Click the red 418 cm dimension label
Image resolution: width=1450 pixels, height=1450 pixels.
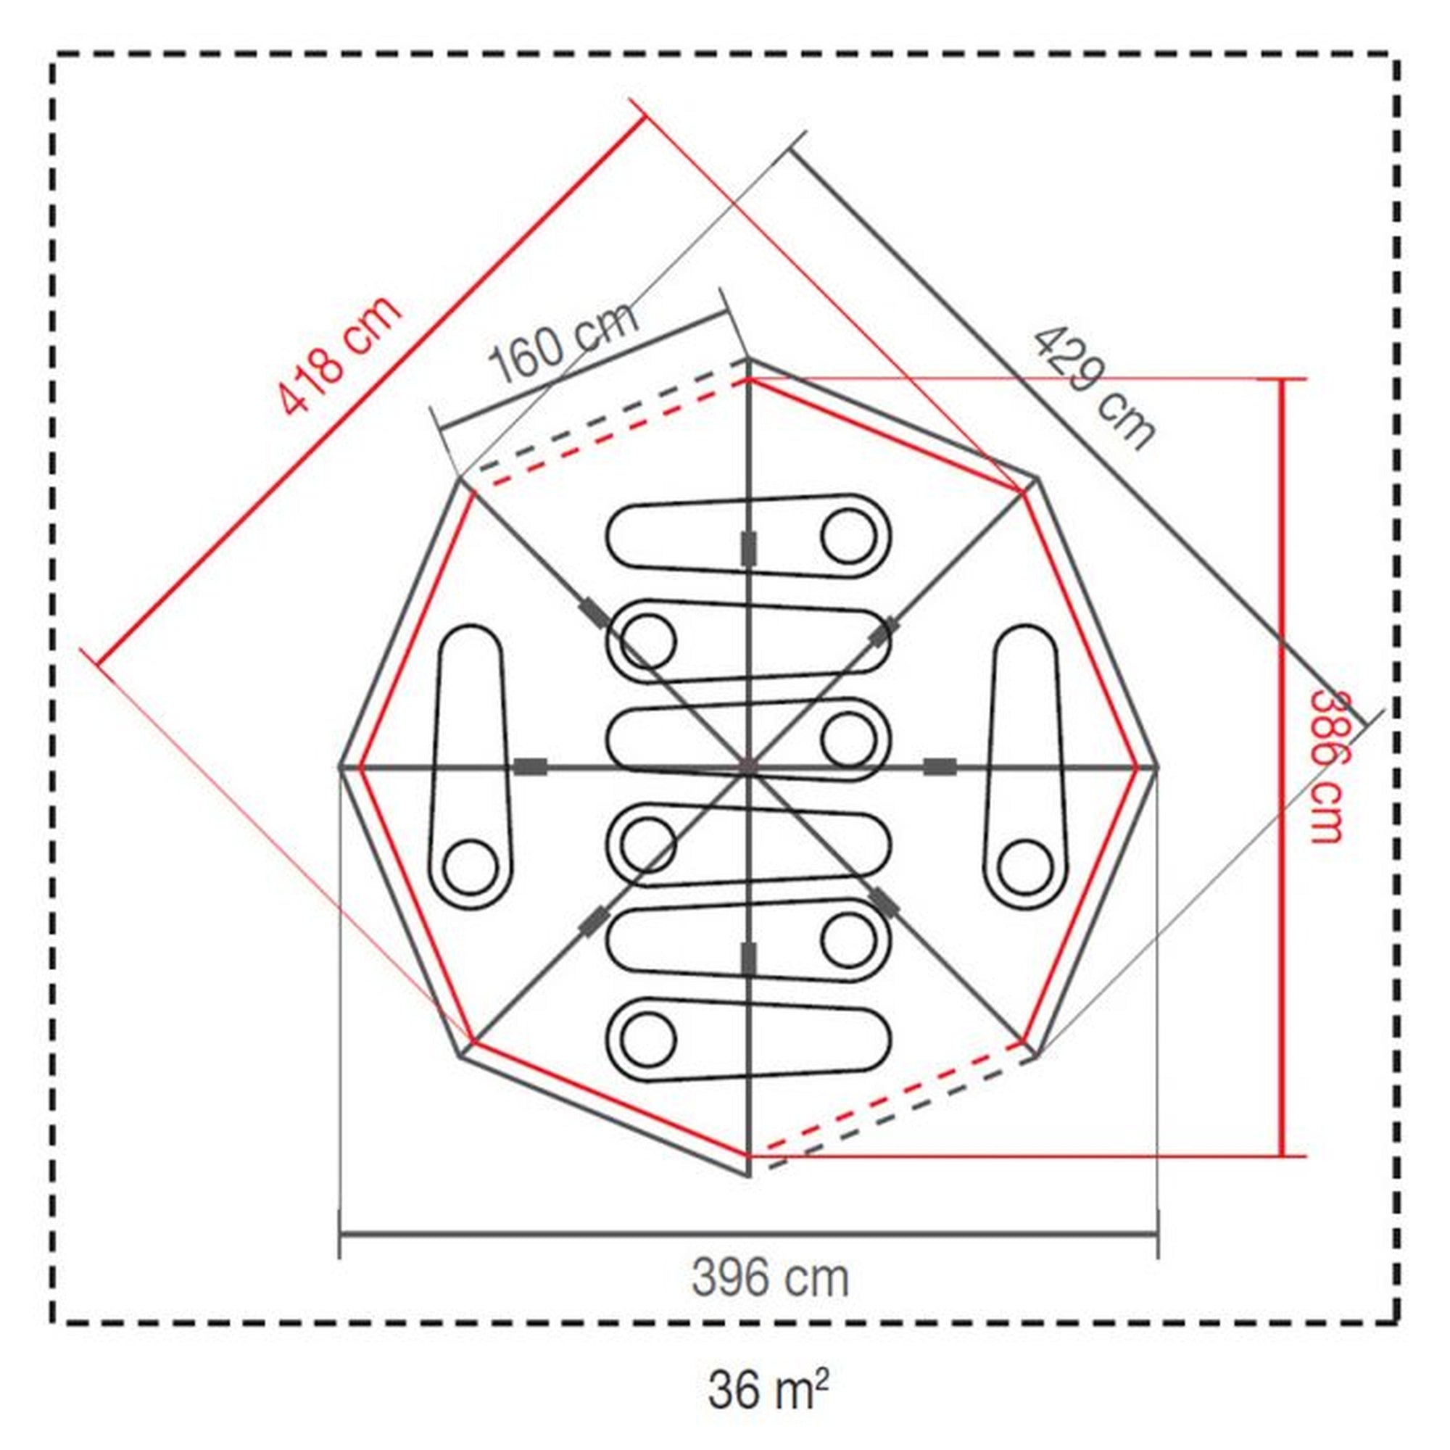(x=339, y=356)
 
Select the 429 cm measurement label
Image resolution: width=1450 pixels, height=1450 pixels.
(x=1093, y=388)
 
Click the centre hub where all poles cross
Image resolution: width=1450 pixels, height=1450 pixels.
(x=747, y=766)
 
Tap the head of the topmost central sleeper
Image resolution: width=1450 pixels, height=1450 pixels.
(x=849, y=536)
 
